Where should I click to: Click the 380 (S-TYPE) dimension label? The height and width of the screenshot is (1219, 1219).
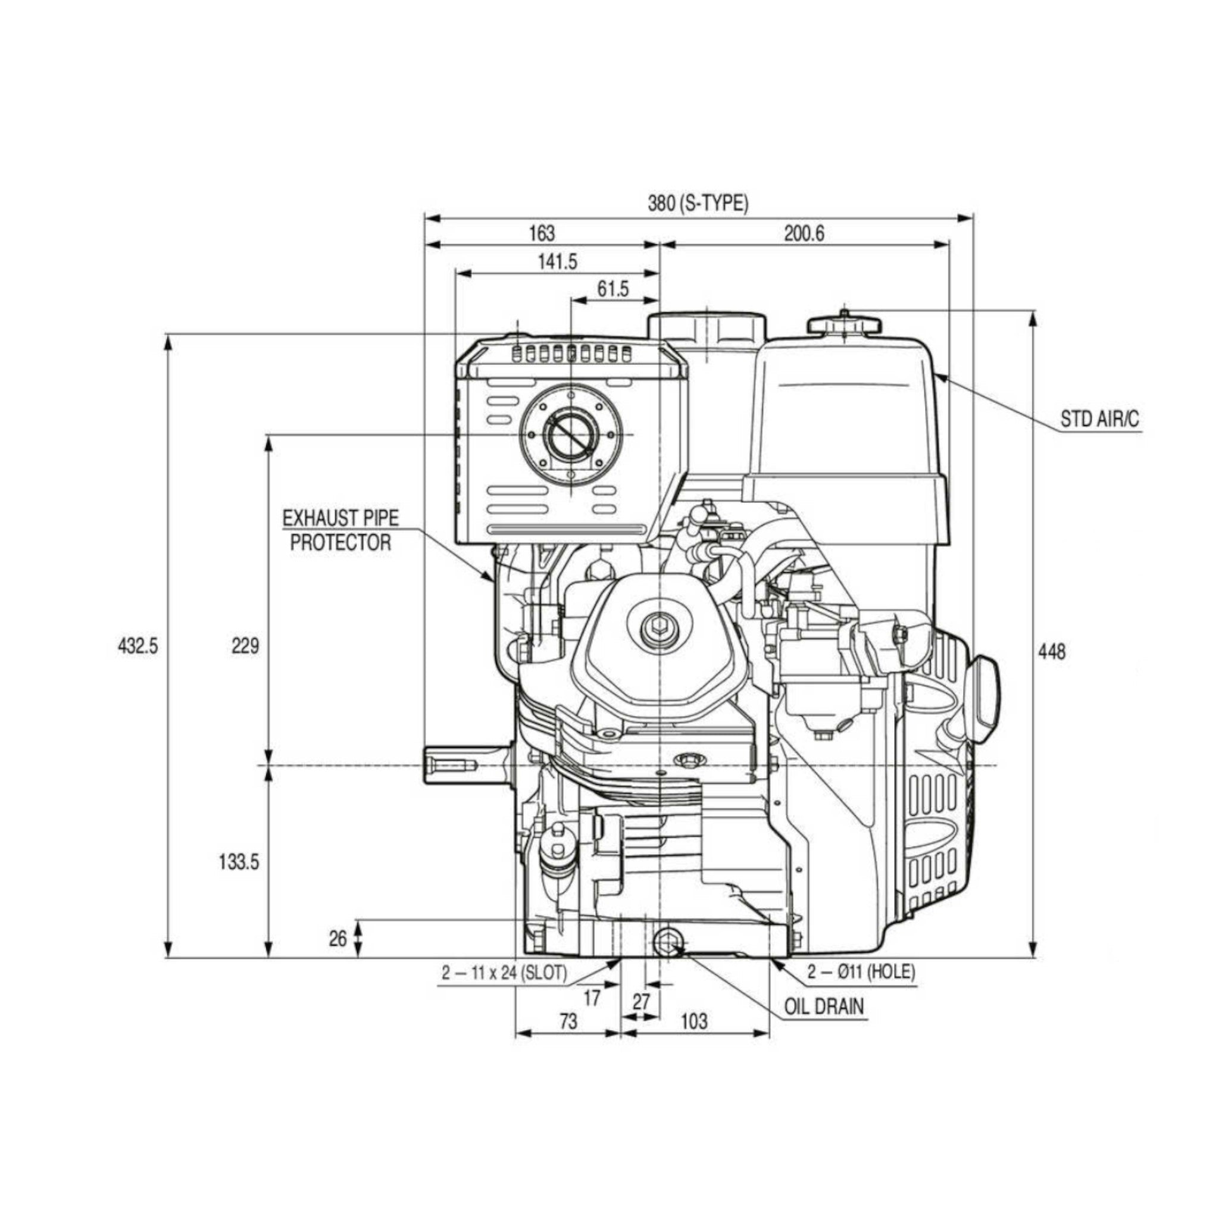pyautogui.click(x=698, y=203)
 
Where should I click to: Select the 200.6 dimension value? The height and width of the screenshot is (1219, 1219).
pyautogui.click(x=804, y=233)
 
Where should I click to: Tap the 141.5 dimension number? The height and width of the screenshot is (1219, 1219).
pyautogui.click(x=557, y=261)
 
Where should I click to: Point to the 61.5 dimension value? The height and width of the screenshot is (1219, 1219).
pyautogui.click(x=612, y=289)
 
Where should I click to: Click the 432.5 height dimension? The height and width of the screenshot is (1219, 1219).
pyautogui.click(x=137, y=646)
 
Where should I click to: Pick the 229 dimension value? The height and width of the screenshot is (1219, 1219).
pyautogui.click(x=245, y=646)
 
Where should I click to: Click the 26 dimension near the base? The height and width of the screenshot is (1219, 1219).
pyautogui.click(x=338, y=938)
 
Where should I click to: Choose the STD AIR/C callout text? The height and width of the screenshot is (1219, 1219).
pyautogui.click(x=1100, y=420)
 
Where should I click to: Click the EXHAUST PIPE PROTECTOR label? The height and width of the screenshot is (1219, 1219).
pyautogui.click(x=340, y=530)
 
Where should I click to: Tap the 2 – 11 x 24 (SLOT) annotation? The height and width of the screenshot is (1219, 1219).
pyautogui.click(x=504, y=973)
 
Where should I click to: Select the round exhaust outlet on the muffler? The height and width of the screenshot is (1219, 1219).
pyautogui.click(x=570, y=435)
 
